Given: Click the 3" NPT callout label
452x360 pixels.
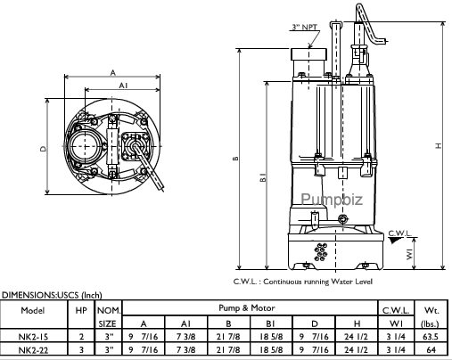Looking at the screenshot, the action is (305, 28).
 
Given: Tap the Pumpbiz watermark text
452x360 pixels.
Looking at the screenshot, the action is (332, 199).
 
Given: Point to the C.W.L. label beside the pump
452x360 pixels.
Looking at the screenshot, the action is (399, 233).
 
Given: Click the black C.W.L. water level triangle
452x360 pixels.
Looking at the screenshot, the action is (396, 241).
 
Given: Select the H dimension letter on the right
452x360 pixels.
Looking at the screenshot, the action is (439, 145).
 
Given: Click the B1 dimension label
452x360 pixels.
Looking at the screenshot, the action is (263, 177).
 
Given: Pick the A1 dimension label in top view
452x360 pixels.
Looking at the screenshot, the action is (123, 86).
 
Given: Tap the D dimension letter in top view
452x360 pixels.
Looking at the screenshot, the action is (44, 149).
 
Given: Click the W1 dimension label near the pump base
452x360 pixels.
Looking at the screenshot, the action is (409, 254).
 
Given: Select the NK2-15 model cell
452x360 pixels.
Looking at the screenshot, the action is (33, 337).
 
